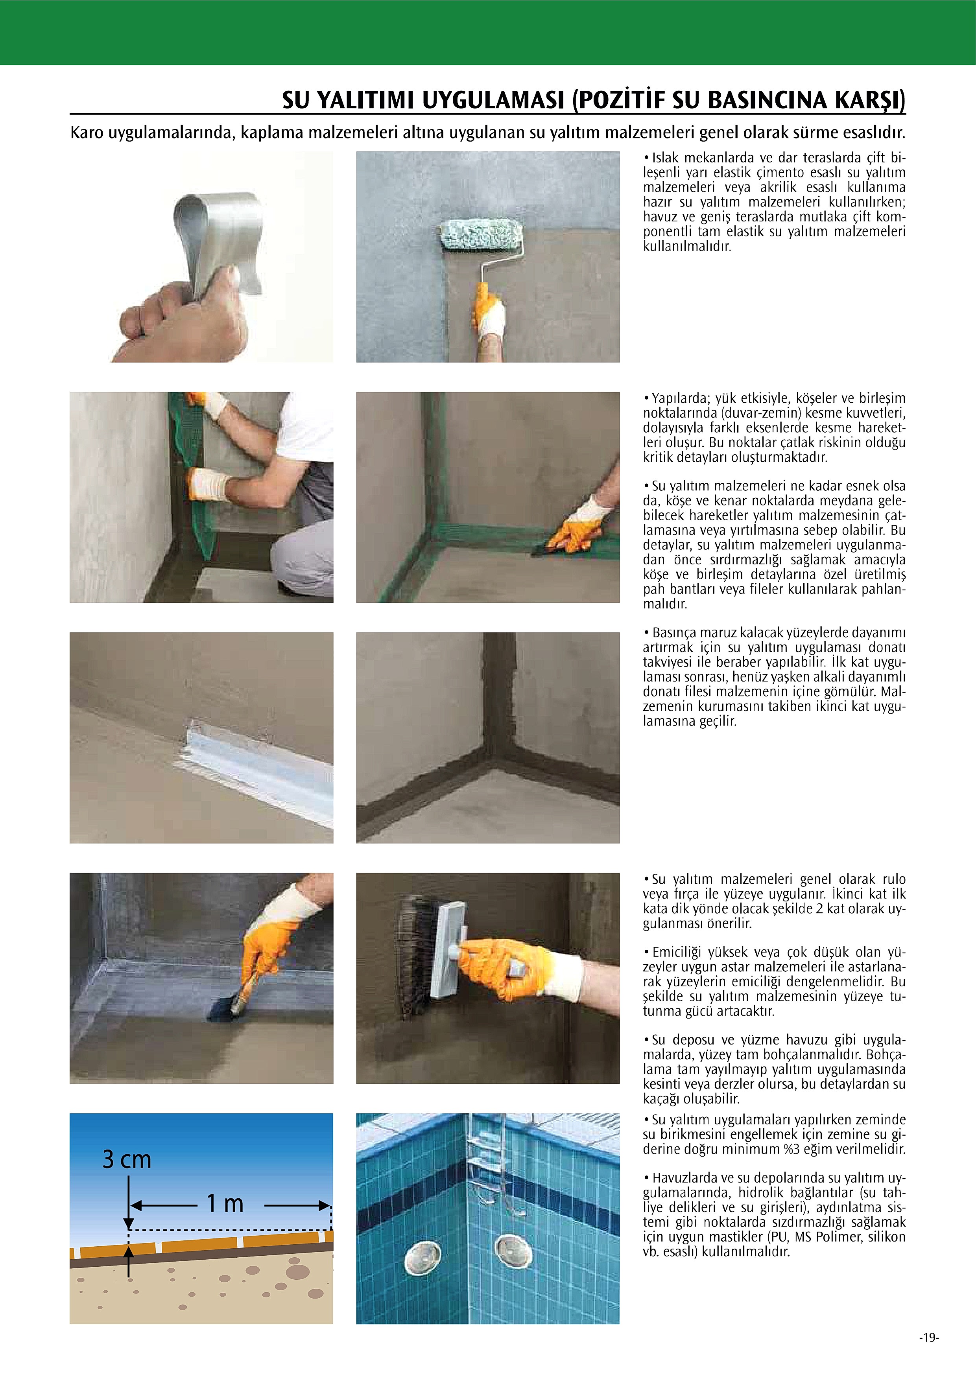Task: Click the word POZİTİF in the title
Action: [x=620, y=100]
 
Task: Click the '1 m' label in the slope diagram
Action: [x=225, y=1203]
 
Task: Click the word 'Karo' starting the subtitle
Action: [x=87, y=132]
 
